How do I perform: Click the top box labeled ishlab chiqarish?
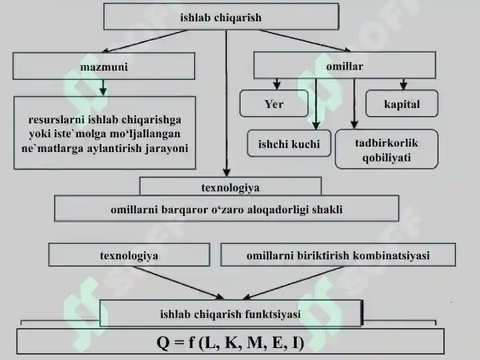point(221,17)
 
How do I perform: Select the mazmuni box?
point(104,66)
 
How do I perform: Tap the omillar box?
point(345,65)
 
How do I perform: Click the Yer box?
point(274,104)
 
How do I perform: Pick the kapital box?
point(401,104)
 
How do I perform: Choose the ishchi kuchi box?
point(289,143)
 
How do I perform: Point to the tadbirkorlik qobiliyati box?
point(386,149)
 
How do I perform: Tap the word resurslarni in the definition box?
point(56,120)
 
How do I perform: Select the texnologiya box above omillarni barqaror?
point(230,187)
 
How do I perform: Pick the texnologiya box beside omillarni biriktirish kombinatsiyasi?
point(129,255)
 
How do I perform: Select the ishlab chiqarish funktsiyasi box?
point(231,313)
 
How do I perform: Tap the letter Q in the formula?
point(163,343)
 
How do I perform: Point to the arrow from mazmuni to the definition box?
point(103,88)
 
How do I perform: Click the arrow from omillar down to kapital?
point(403,85)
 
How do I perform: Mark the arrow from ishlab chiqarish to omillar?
point(305,41)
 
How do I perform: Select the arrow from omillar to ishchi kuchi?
point(316,104)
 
